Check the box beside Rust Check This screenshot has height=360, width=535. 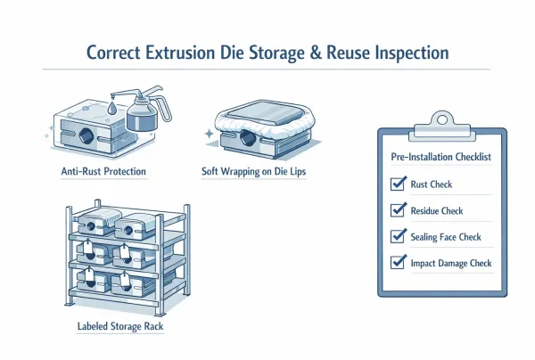click(x=398, y=184)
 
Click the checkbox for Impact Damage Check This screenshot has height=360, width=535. click(x=398, y=263)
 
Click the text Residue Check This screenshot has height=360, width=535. click(x=438, y=211)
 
